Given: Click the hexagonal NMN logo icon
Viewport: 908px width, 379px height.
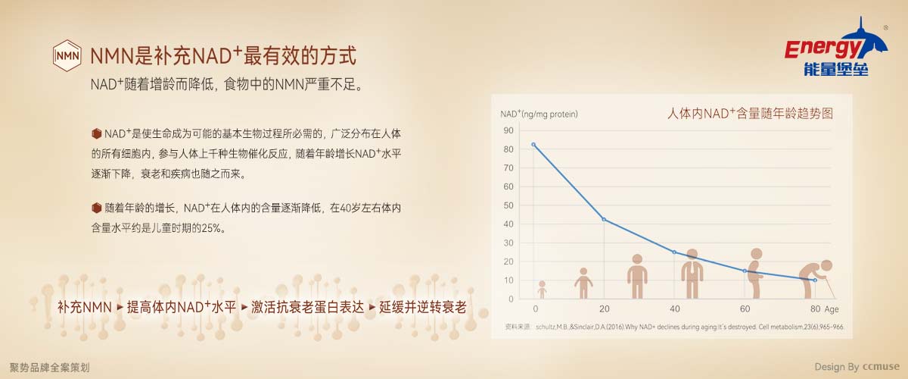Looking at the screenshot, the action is coord(67,55).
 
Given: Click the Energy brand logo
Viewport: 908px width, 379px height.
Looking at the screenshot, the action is coord(836,47).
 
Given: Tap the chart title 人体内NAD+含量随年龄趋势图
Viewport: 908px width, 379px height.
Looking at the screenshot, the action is coord(750,114).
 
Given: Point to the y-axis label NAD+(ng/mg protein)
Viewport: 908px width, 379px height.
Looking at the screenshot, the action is coord(539,114).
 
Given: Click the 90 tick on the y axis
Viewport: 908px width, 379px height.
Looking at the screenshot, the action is coord(508,130).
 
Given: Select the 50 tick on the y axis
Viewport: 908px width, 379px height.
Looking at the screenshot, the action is coord(508,205).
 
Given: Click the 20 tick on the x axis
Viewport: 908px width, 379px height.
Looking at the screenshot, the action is coord(605,309).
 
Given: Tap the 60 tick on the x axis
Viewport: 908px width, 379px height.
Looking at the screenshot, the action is coord(745,309).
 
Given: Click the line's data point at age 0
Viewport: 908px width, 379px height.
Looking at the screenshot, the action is coord(533,145).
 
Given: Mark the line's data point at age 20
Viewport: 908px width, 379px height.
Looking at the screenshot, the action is coord(604,219).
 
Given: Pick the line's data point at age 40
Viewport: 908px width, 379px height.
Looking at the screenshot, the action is coord(674,252).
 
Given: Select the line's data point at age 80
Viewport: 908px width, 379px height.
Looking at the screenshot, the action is coord(815,280).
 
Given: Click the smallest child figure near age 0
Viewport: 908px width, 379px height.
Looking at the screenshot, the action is coord(542,290).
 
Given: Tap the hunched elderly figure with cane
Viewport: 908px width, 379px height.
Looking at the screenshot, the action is coord(816,280).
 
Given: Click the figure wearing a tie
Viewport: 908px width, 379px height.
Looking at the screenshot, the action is coord(692,274).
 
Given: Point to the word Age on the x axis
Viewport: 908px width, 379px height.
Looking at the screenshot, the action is coord(832,309).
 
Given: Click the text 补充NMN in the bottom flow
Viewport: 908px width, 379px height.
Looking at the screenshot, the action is coord(84,307).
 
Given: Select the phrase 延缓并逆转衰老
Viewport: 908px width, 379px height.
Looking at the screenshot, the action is coord(423,307).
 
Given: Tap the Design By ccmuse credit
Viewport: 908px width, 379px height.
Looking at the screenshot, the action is coord(857,367).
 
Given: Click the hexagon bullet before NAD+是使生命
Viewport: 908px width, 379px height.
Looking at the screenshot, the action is coord(97,133).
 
